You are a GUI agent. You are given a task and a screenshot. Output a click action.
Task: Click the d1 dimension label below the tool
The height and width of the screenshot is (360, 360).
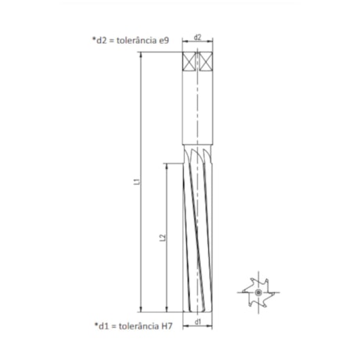[x=198, y=320]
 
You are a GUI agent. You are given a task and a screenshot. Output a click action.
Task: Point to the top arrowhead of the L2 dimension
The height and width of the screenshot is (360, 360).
[x=167, y=166]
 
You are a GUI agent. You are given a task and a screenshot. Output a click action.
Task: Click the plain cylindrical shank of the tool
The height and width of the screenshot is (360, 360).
[x=198, y=110]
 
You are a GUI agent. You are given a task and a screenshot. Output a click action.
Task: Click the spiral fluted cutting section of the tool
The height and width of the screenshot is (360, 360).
[x=198, y=235]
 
